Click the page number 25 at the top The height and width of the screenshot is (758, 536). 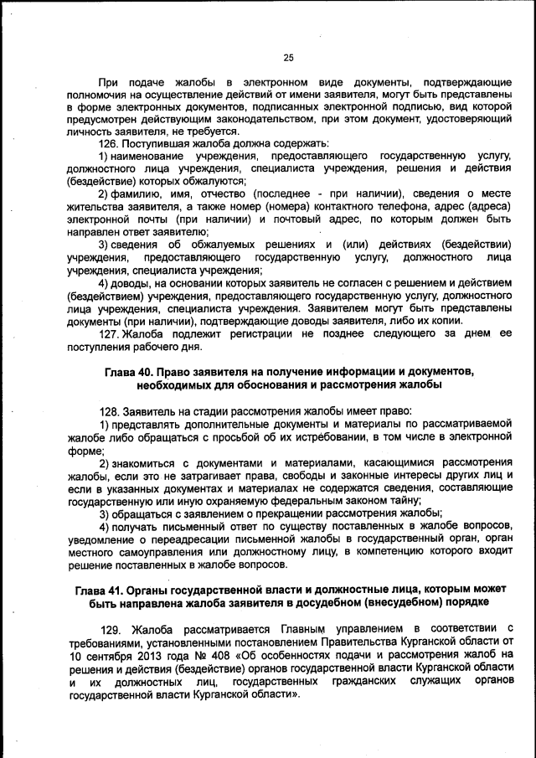coord(288,58)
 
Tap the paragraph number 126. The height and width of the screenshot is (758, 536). coord(109,144)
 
